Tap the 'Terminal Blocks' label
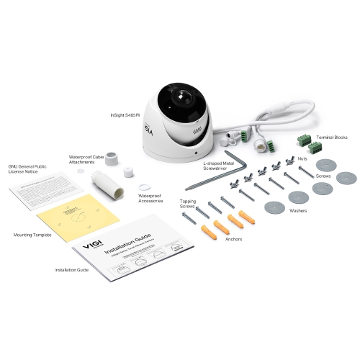pyautogui.click(x=332, y=137)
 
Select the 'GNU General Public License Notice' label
pyautogui.click(x=27, y=169)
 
